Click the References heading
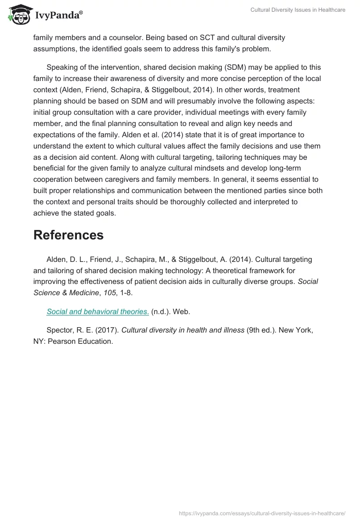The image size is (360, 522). [68, 235]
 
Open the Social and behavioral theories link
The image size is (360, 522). [98, 311]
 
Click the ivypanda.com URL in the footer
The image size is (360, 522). [262, 513]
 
